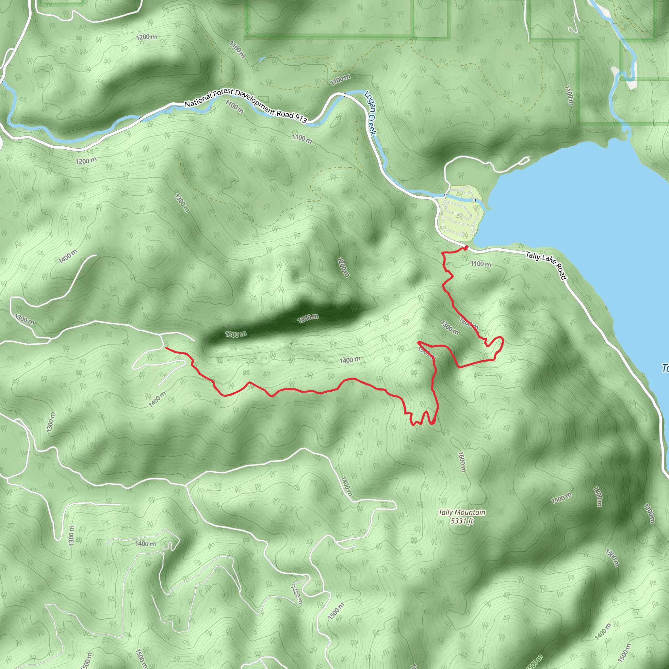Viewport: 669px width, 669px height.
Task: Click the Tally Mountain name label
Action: tap(462, 512)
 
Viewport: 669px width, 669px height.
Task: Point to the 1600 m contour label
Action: tap(462, 462)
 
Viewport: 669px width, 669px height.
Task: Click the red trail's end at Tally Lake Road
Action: tap(466, 247)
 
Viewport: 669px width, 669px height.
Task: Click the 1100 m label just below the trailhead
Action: tap(480, 264)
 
